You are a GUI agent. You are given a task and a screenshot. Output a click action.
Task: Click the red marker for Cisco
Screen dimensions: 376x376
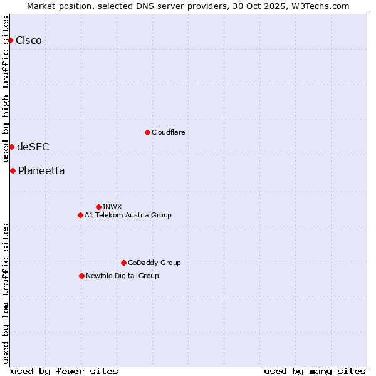tap(10, 40)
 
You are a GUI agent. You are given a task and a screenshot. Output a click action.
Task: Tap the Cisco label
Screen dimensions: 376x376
tap(29, 41)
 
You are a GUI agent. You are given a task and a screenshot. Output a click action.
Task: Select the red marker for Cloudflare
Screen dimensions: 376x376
tap(147, 132)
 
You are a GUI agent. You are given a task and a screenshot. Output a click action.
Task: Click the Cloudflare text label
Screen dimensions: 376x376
tap(168, 133)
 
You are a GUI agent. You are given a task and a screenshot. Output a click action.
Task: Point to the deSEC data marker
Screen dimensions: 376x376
tap(11, 147)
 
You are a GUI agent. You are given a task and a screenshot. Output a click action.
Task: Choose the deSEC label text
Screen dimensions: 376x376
tap(33, 147)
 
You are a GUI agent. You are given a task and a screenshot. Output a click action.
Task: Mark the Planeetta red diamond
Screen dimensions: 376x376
tap(13, 170)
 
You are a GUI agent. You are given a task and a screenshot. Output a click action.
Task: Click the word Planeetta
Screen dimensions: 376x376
tap(41, 171)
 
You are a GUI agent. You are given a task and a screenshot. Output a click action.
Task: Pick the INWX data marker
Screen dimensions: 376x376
tap(98, 207)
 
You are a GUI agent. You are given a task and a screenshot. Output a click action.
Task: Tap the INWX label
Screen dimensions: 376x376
tap(112, 207)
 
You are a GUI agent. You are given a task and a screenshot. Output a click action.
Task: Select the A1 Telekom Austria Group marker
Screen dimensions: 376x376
tap(80, 215)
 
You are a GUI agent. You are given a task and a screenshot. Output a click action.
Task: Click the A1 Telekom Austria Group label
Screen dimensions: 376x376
tap(128, 216)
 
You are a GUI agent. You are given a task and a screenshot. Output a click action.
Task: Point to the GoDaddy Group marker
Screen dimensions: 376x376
tap(123, 263)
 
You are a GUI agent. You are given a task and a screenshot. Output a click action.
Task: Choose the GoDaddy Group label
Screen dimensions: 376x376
tap(154, 263)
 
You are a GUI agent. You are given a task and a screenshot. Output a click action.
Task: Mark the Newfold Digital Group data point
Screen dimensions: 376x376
tap(81, 276)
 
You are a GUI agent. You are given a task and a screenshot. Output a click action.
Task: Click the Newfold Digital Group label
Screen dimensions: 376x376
tap(122, 276)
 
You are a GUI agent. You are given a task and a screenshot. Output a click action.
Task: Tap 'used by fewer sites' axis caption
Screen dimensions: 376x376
tap(65, 371)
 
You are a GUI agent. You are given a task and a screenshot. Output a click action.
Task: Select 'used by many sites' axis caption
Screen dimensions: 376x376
tap(315, 371)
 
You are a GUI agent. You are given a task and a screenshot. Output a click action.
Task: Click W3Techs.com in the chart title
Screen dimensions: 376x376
tap(323, 6)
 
